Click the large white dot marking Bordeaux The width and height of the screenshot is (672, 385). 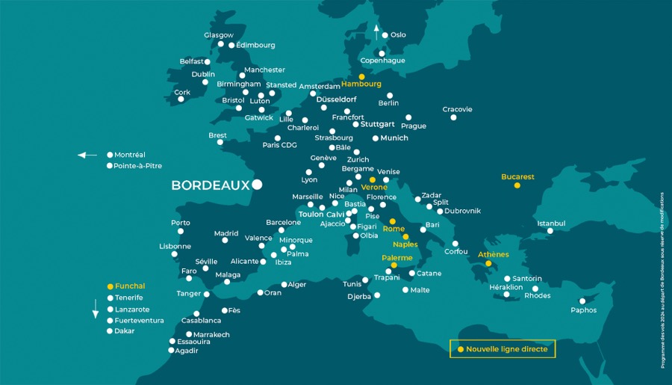click(x=257, y=184)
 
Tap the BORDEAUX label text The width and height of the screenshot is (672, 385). click(x=210, y=185)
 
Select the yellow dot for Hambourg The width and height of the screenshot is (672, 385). click(x=361, y=76)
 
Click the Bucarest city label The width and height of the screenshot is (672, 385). click(x=517, y=177)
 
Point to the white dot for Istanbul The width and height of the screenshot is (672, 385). click(x=550, y=231)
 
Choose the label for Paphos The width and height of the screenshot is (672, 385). click(x=583, y=310)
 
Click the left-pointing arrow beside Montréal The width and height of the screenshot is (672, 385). click(x=87, y=155)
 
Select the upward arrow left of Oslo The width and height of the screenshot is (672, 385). click(x=376, y=31)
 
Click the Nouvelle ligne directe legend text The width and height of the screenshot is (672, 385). click(x=507, y=349)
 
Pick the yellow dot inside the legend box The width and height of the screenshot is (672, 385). click(x=460, y=349)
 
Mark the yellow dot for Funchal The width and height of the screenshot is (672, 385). click(x=110, y=286)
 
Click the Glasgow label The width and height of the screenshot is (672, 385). click(x=219, y=35)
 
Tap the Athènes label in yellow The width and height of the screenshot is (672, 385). click(x=493, y=254)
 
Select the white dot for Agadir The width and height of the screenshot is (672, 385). click(x=171, y=350)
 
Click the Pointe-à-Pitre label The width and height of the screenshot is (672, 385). click(x=137, y=166)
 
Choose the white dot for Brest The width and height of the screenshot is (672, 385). click(x=220, y=142)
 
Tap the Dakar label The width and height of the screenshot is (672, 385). click(x=125, y=330)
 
